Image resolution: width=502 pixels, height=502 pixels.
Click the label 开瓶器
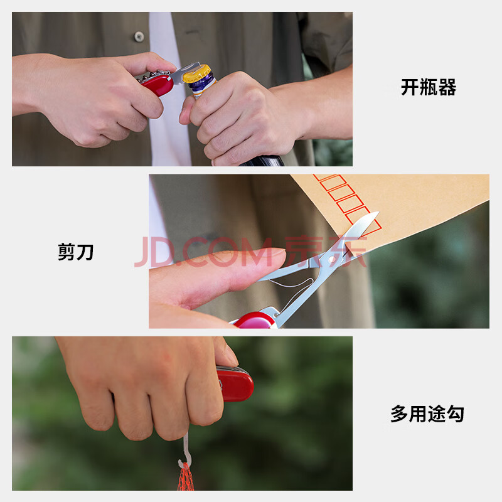(429, 87)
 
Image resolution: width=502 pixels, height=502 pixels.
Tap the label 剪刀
(75, 252)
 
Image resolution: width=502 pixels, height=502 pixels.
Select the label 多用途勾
(427, 414)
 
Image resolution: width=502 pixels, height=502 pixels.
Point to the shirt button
(139, 36)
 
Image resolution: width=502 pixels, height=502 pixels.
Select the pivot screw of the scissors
(331, 259)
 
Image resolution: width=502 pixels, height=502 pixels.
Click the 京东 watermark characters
(324, 252)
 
